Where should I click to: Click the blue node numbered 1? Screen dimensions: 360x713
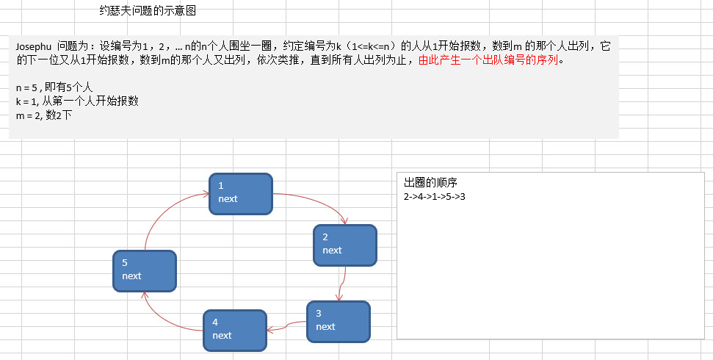240,193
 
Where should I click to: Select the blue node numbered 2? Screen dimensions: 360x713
344,245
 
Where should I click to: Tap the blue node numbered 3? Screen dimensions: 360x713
338,321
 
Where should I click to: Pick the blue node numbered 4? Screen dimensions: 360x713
234,330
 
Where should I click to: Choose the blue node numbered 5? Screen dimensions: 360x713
145,270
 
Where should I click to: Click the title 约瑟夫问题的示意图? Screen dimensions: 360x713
147,11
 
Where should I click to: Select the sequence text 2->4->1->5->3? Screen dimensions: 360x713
435,196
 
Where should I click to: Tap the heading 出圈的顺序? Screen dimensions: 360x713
430,182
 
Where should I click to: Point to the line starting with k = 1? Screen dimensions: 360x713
77,101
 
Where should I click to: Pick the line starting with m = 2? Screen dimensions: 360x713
43,115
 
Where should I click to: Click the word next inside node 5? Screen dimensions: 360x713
132,276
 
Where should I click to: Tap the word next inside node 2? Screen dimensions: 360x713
332,251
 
